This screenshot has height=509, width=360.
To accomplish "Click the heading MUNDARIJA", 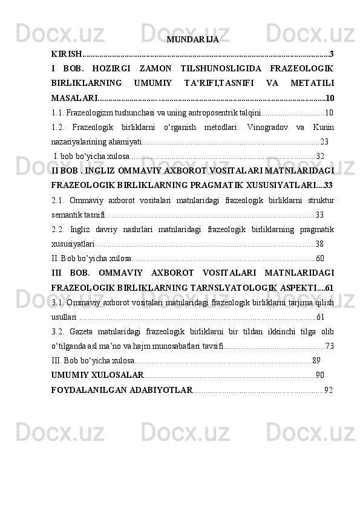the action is (192, 41).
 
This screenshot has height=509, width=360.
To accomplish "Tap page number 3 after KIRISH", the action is (332, 55).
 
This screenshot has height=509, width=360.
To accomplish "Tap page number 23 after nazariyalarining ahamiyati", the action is (324, 141).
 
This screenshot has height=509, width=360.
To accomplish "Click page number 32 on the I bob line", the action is (320, 156).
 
